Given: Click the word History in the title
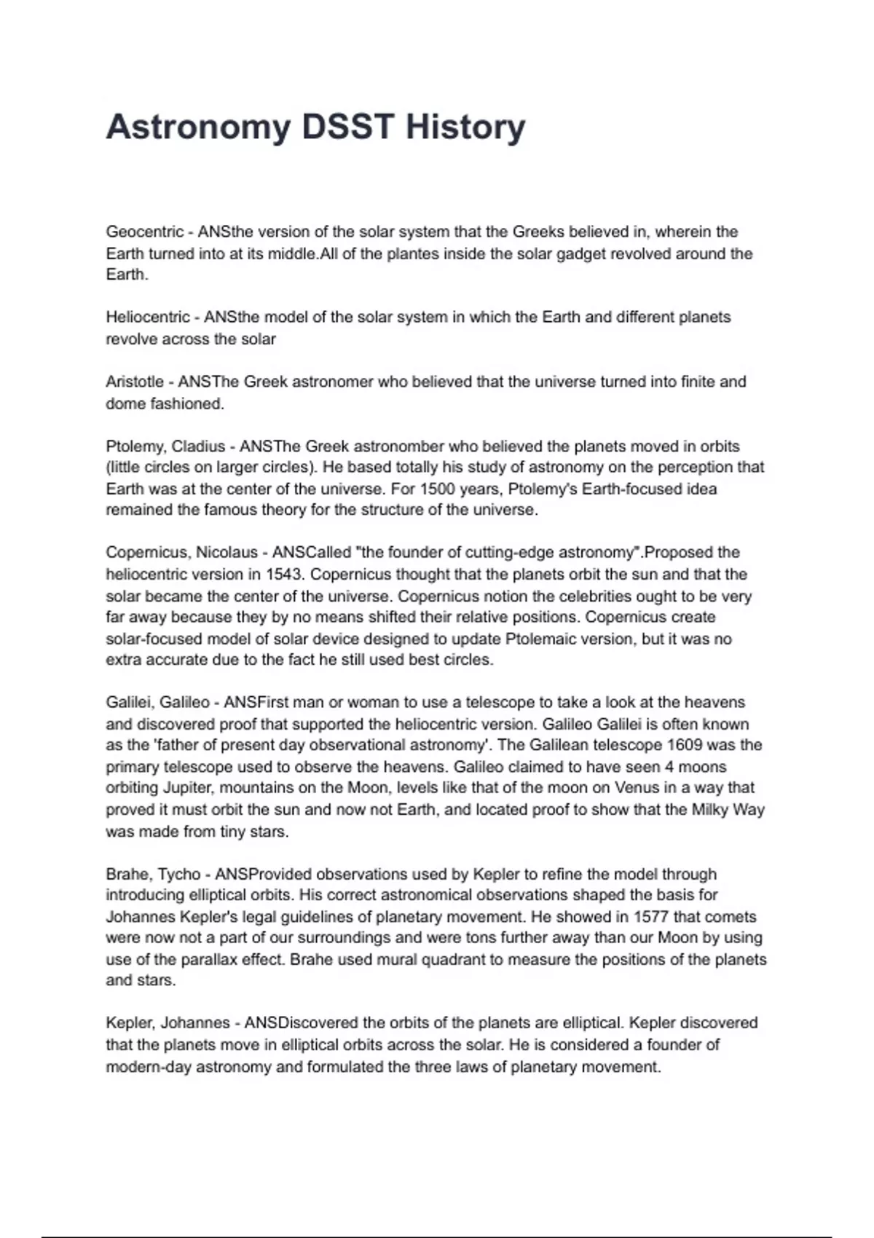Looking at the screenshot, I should (x=465, y=127).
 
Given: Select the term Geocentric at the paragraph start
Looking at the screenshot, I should (x=145, y=232).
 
